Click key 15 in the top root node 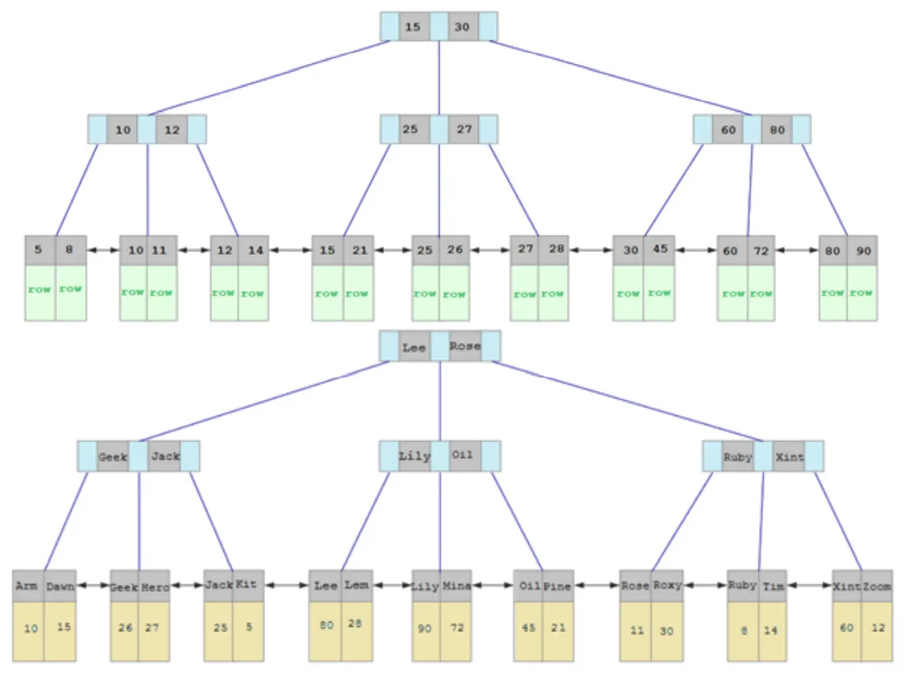[x=413, y=27]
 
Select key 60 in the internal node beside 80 [x=728, y=130]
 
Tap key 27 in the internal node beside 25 [x=464, y=129]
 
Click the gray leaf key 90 [x=863, y=251]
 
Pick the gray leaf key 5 [x=38, y=250]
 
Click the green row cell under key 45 [x=659, y=293]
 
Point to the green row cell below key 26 [x=454, y=294]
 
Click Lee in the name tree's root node [x=413, y=347]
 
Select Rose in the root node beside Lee [x=465, y=346]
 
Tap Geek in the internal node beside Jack [x=113, y=457]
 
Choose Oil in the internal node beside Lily [x=462, y=455]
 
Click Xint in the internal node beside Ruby [x=789, y=457]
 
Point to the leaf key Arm [x=27, y=586]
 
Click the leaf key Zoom [x=877, y=586]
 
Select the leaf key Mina [x=456, y=586]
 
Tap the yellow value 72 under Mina [x=457, y=628]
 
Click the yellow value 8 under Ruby [x=744, y=630]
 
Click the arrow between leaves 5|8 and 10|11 [x=103, y=250]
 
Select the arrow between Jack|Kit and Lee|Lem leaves [x=286, y=586]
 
